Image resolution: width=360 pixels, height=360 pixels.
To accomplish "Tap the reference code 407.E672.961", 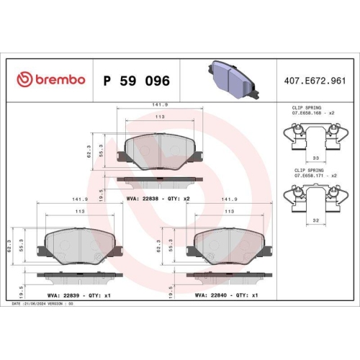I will point(313,78).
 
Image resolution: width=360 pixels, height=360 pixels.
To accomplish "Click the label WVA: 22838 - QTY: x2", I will point(157,199).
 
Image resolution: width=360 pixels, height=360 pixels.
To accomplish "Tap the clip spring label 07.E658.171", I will point(312,176).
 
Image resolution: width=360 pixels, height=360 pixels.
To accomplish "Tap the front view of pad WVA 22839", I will point(79,246).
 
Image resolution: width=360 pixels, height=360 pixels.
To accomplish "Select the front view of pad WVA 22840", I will point(229,246).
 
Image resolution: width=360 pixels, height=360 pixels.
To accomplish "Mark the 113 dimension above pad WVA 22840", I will point(229,212).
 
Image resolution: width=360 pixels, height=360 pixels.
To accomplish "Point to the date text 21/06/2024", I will point(42,304).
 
